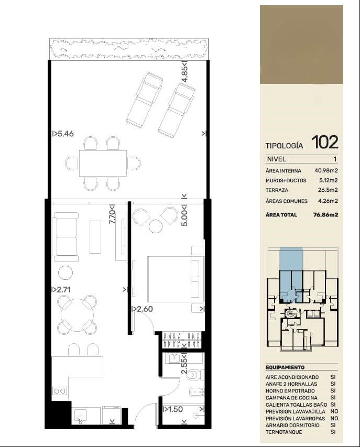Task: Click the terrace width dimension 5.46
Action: pyautogui.click(x=66, y=134)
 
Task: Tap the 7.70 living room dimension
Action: pyautogui.click(x=113, y=216)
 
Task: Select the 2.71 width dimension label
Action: pyautogui.click(x=63, y=290)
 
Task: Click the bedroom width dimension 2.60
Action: pyautogui.click(x=145, y=309)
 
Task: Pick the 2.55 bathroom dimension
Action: pyautogui.click(x=184, y=366)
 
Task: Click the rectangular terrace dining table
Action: pyautogui.click(x=103, y=163)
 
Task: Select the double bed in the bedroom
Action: pyautogui.click(x=176, y=279)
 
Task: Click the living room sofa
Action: pyautogui.click(x=66, y=237)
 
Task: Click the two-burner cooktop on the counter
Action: pyautogui.click(x=59, y=391)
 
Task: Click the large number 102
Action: pyautogui.click(x=325, y=142)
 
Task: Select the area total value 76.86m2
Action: pyautogui.click(x=325, y=215)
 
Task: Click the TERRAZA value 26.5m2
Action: pyautogui.click(x=328, y=190)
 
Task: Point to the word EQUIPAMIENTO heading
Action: pyautogui.click(x=285, y=367)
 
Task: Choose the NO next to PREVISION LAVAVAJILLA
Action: pyautogui.click(x=334, y=411)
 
